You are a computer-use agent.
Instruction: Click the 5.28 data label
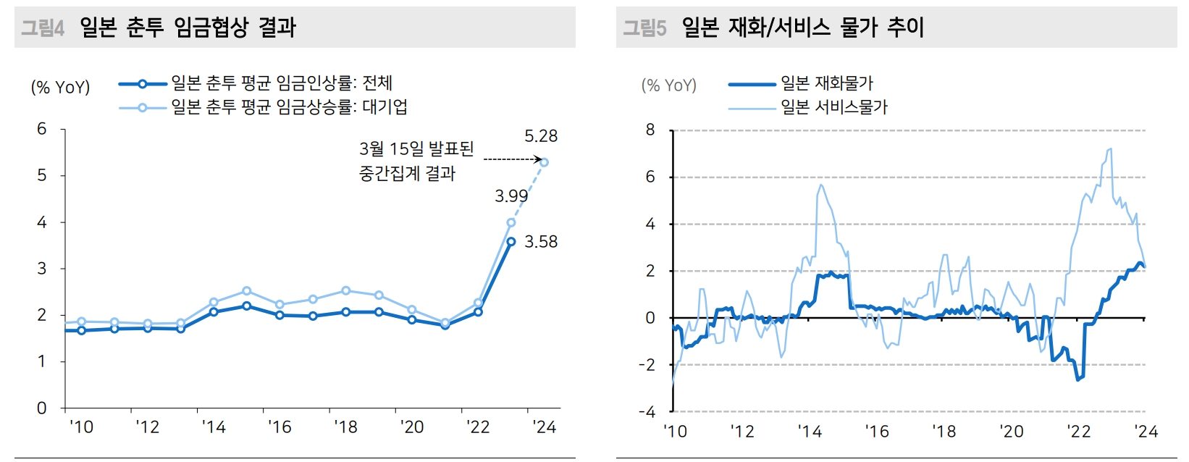(x=541, y=136)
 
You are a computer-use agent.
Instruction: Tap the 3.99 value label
(x=511, y=196)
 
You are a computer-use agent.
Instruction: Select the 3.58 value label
(x=541, y=242)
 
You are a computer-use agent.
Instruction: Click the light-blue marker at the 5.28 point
(x=545, y=162)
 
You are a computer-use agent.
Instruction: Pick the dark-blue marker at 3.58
(x=511, y=242)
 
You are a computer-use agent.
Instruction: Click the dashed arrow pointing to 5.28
(x=512, y=159)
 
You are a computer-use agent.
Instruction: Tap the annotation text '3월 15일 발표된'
(x=416, y=149)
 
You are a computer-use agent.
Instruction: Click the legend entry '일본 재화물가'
(x=826, y=83)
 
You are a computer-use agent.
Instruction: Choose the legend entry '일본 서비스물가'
(x=833, y=107)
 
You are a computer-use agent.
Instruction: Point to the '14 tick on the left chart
(x=214, y=427)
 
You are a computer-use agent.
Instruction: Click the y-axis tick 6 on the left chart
(x=42, y=129)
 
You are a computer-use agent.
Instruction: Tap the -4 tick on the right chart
(x=647, y=412)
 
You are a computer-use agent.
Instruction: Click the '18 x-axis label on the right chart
(x=944, y=432)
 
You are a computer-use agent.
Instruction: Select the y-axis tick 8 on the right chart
(x=650, y=130)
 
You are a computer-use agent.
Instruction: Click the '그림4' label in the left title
(x=43, y=28)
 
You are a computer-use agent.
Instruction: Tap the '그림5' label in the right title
(x=644, y=28)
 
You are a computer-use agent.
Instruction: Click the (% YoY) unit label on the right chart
(x=668, y=85)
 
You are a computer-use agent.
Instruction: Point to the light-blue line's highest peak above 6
(x=1109, y=149)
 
